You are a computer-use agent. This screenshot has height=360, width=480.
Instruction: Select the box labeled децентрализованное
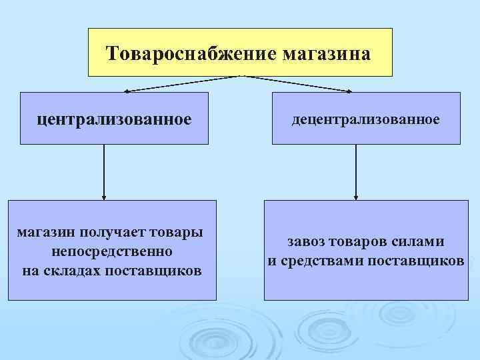pyautogui.click(x=366, y=119)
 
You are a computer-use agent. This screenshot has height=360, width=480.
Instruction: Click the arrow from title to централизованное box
pyautogui.click(x=180, y=83)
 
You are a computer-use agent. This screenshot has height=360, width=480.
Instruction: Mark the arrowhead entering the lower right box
pyautogui.click(x=356, y=197)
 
